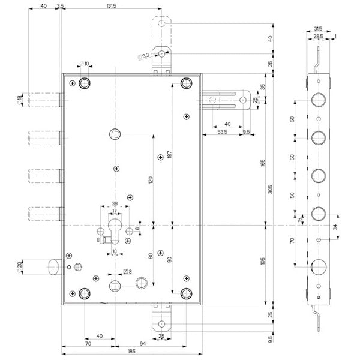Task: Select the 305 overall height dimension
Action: pos(269,190)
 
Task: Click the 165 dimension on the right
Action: pos(262,161)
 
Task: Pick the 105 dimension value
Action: pos(262,262)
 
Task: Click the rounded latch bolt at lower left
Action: pos(54,265)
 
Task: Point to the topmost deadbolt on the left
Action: pos(44,100)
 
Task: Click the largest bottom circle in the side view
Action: pos(317,265)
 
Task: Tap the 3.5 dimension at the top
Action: pos(60,5)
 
